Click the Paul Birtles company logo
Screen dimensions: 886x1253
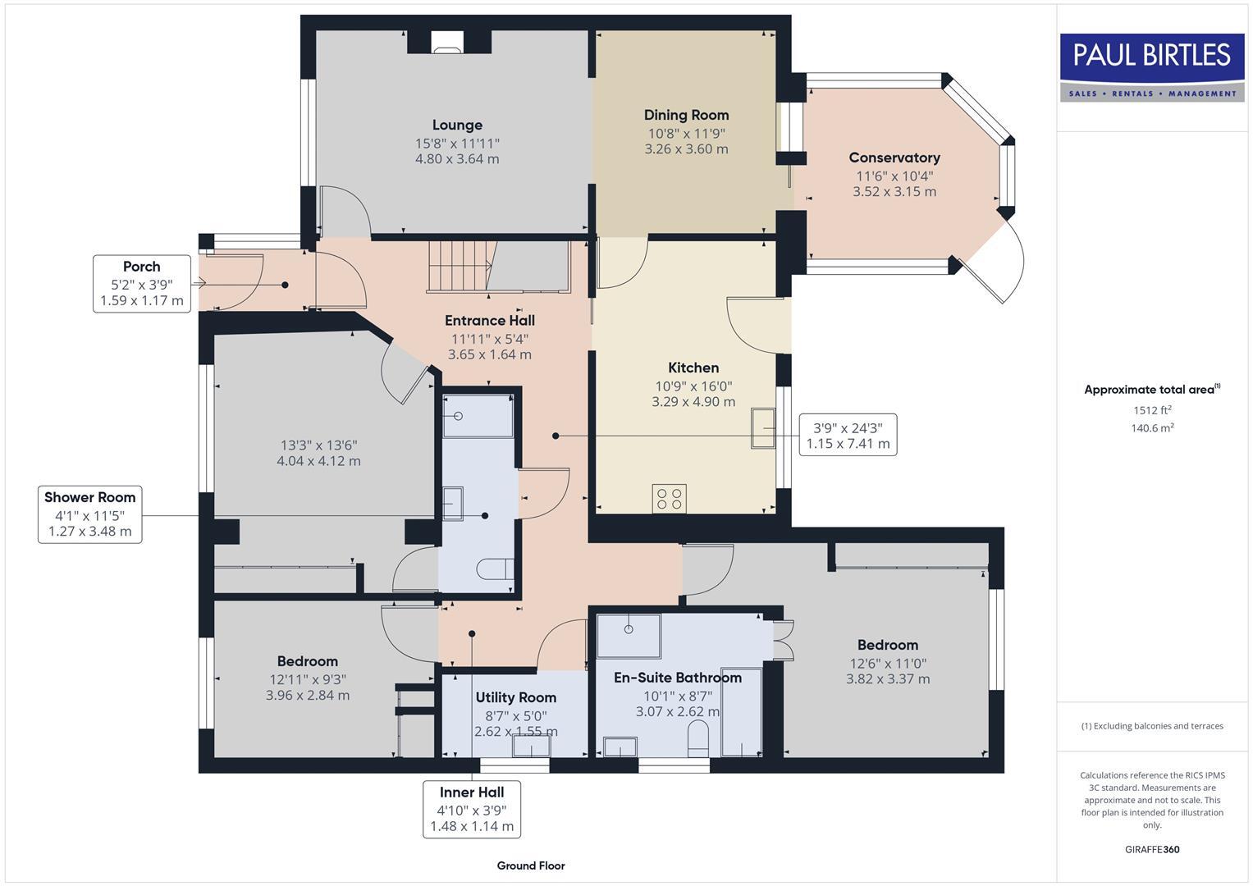1152,67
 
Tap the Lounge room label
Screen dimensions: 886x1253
457,125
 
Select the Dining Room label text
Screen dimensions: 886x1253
686,115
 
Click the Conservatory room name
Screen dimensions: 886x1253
894,158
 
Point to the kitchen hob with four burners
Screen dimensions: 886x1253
669,498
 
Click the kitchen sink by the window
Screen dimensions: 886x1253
763,427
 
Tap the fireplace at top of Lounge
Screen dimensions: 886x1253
447,43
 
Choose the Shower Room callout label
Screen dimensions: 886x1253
90,514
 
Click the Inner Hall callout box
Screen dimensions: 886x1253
472,809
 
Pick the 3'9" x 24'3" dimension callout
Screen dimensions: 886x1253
848,435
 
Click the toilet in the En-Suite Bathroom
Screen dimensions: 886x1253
698,736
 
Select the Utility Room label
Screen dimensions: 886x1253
515,697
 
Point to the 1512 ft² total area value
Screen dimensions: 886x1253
1152,410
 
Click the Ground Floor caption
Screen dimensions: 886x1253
531,865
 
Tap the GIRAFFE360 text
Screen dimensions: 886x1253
1151,849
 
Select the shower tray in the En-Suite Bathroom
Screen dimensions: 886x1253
629,635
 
